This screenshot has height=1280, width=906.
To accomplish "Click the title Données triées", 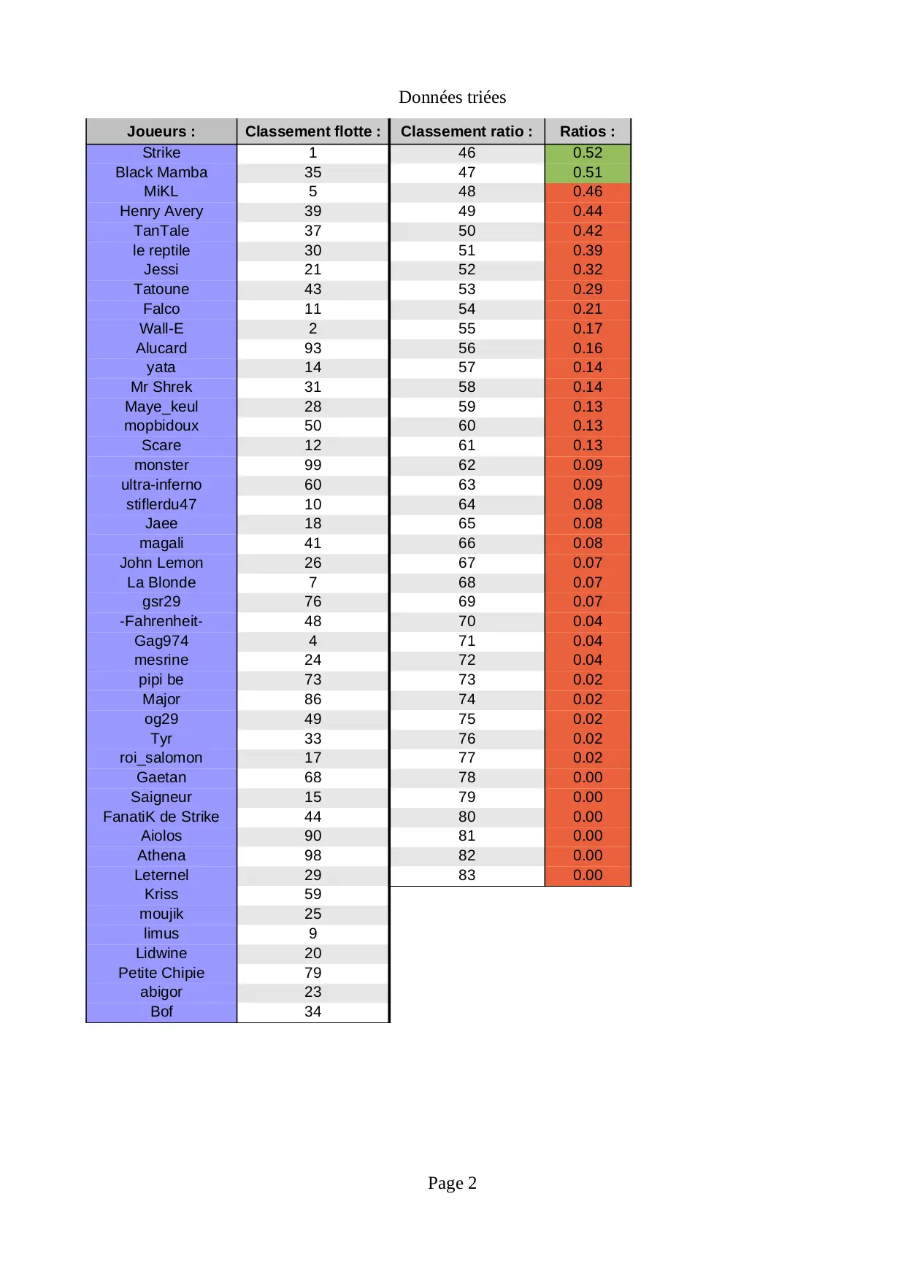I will pyautogui.click(x=452, y=97).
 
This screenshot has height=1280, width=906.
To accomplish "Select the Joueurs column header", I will pyautogui.click(x=161, y=131).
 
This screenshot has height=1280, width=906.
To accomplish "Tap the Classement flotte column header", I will pyautogui.click(x=312, y=131).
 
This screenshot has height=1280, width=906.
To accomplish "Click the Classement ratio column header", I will pyautogui.click(x=467, y=131).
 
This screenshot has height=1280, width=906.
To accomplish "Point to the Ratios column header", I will pyautogui.click(x=587, y=131).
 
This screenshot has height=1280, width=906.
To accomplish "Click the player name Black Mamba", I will pyautogui.click(x=161, y=172).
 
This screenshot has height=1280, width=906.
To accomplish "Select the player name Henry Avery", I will pyautogui.click(x=161, y=211).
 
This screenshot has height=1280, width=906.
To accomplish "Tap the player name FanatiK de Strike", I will pyautogui.click(x=161, y=817).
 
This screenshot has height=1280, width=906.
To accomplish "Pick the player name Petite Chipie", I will pyautogui.click(x=161, y=973).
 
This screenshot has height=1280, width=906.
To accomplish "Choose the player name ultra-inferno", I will pyautogui.click(x=161, y=485).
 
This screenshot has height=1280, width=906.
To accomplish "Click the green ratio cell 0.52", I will pyautogui.click(x=587, y=153).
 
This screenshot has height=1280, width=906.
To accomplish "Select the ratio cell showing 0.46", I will pyautogui.click(x=587, y=191).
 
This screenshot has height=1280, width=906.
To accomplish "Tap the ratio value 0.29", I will pyautogui.click(x=587, y=289).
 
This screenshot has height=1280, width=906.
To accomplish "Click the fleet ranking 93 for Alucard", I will pyautogui.click(x=312, y=348).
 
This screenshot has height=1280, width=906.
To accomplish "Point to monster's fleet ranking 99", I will pyautogui.click(x=312, y=465).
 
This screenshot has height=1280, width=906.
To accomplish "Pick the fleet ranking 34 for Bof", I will pyautogui.click(x=312, y=1011).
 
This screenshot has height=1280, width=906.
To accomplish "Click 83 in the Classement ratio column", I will pyautogui.click(x=467, y=875).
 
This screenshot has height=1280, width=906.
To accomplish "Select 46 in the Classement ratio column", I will pyautogui.click(x=467, y=153).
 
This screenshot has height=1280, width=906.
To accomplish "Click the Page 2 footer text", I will pyautogui.click(x=452, y=1183).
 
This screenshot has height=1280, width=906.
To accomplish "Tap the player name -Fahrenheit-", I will pyautogui.click(x=161, y=621).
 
